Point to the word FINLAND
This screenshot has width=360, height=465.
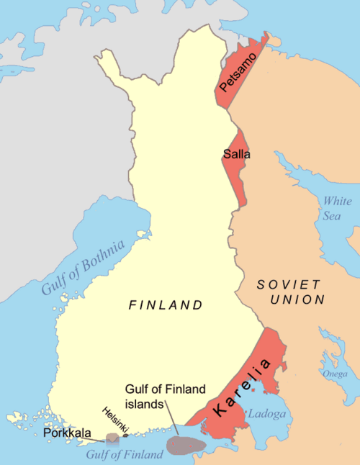166,305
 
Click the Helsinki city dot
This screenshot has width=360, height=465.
126,435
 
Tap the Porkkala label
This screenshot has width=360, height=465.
66,434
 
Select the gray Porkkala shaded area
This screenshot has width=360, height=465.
112,438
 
